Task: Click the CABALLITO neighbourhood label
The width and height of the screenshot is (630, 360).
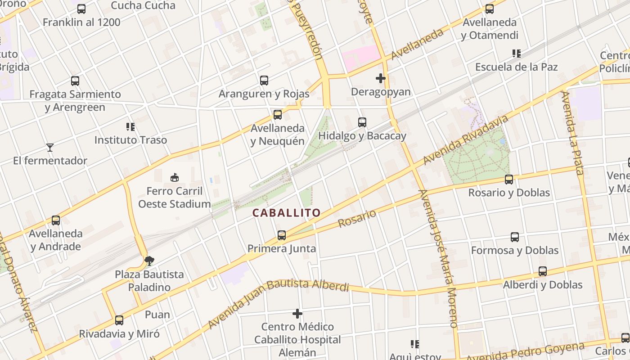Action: (286, 213)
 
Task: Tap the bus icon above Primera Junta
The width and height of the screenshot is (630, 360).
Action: (282, 235)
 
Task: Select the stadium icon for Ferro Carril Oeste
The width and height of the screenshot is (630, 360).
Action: (175, 178)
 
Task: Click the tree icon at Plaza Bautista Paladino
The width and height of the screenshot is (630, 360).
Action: (149, 261)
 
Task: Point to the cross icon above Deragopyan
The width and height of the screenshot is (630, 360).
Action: (381, 78)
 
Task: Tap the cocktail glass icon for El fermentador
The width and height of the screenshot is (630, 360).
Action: (50, 147)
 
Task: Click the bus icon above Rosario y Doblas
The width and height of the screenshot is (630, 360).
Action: (509, 180)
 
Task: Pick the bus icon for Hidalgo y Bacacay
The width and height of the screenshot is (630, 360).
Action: (362, 122)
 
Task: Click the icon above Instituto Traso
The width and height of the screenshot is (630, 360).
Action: (130, 127)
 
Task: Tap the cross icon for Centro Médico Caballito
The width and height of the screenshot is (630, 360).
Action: (297, 313)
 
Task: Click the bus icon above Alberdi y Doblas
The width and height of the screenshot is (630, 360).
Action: (543, 271)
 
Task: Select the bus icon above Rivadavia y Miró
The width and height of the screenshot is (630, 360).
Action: (119, 320)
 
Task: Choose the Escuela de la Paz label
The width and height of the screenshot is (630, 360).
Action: (516, 67)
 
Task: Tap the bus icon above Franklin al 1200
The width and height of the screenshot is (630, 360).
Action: (81, 9)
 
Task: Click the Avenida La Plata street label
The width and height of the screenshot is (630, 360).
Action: (572, 133)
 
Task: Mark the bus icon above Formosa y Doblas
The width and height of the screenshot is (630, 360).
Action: (515, 237)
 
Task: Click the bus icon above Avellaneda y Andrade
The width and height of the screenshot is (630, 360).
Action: (56, 220)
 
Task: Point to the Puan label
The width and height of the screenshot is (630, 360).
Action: (157, 315)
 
